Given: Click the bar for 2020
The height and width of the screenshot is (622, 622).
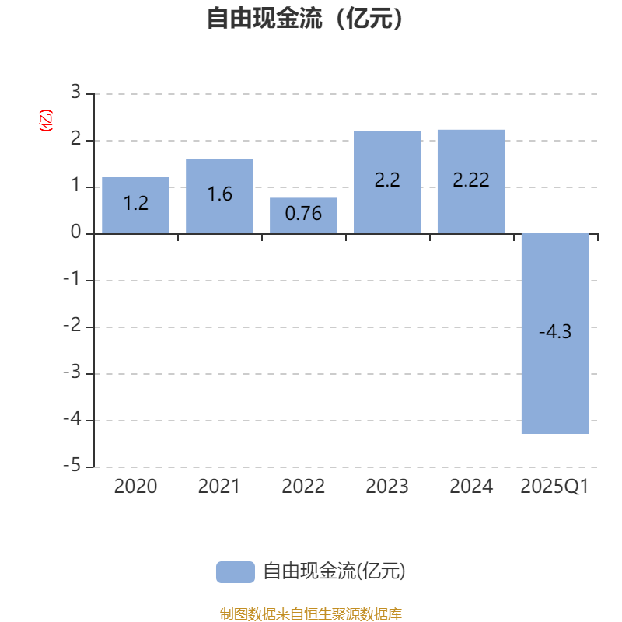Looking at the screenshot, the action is tap(135, 205).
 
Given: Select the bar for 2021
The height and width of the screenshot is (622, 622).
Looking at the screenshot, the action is tap(219, 196).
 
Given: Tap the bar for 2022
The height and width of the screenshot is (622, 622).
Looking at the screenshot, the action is tap(303, 216).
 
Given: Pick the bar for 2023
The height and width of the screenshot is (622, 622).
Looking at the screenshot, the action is tap(387, 182).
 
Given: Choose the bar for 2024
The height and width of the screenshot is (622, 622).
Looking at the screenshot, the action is tap(471, 182).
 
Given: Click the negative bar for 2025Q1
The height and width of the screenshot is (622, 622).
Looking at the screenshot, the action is tap(555, 334).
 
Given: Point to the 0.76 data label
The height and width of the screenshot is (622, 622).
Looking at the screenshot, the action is tap(303, 213).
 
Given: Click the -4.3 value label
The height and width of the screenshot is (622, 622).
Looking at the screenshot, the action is tap(555, 332).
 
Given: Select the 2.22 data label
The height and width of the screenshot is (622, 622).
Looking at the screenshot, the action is tap(471, 180).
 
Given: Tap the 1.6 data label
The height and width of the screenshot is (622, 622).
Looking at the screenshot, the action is tap(220, 194).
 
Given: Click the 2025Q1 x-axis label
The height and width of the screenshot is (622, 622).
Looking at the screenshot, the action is tap(554, 487).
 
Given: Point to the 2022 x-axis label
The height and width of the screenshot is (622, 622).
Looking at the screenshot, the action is tap(303, 487).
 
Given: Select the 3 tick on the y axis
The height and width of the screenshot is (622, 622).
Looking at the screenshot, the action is tap(75, 92).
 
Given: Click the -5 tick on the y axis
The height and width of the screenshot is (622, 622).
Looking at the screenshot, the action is tap(72, 465).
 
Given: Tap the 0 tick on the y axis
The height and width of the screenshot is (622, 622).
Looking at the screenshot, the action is tap(75, 232).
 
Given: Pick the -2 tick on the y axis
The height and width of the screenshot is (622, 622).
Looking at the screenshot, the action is tap(72, 325).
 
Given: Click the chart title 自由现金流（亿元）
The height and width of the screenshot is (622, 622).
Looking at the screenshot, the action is tap(305, 18).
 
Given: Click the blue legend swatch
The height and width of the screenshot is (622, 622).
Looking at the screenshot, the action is tap(236, 572).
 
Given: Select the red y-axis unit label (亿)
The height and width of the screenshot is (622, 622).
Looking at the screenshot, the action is tap(46, 121).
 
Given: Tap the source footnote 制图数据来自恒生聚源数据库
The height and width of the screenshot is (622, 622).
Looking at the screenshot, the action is tap(310, 614).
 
